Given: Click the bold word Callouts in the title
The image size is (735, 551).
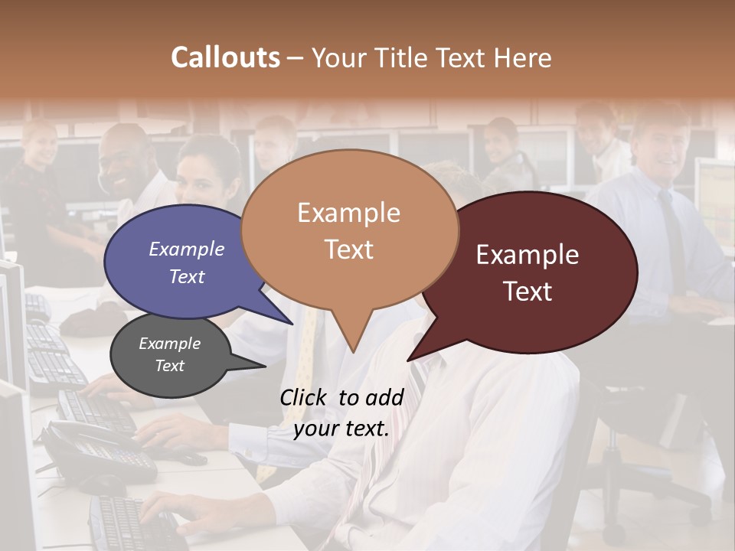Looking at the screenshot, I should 225,57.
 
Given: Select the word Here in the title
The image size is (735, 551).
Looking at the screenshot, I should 524,57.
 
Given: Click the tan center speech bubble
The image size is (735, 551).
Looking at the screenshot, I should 349,230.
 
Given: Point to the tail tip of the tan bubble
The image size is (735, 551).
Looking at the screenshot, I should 353,350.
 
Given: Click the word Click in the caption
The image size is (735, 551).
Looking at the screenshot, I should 305,397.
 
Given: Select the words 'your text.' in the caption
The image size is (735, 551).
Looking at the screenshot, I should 341,429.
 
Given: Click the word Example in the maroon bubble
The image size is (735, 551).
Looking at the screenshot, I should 528,255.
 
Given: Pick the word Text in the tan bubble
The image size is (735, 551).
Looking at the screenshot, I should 349,249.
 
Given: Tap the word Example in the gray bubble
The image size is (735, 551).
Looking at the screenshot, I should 170,344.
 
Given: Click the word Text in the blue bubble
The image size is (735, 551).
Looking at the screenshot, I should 187,277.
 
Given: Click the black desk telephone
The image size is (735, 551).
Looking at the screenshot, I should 92,452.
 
